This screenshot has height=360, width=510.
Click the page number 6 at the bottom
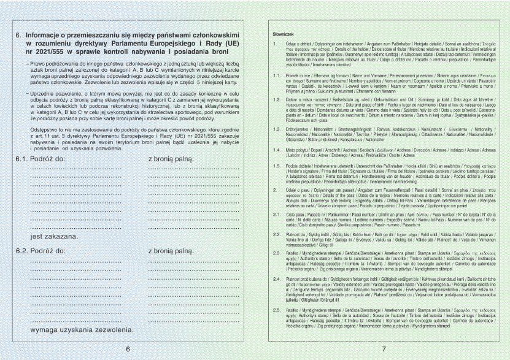[x=128, y=349]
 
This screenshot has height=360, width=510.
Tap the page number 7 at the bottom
[x=383, y=349]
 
